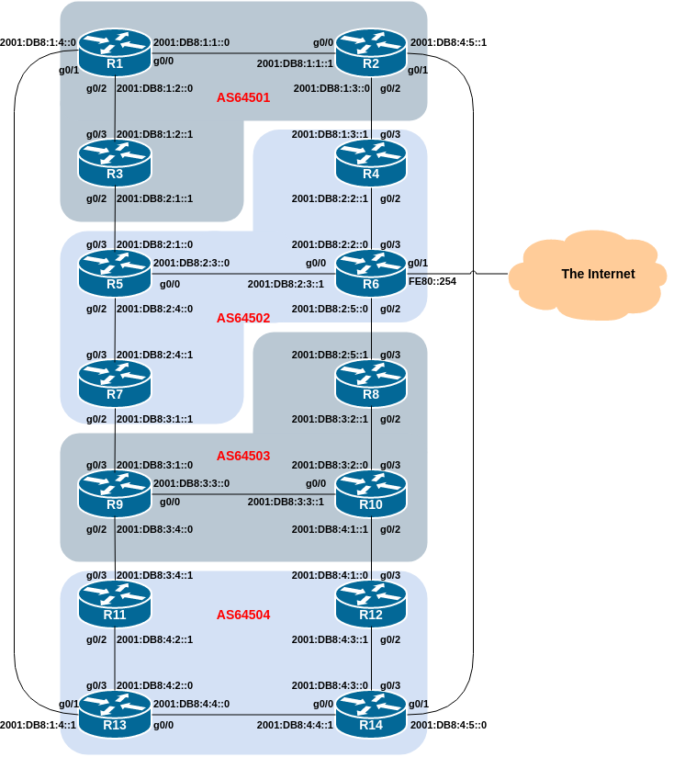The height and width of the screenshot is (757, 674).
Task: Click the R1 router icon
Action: coord(115,52)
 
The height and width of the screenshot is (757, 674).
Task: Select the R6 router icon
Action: coord(371,273)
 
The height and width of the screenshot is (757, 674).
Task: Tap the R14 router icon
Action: coord(371,715)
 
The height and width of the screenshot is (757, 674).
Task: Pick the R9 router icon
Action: coord(115,494)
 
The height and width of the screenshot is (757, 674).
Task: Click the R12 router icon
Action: coord(371,604)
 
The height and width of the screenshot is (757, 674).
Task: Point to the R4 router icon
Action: coord(371,164)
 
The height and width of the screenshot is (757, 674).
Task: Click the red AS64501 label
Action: coord(243,97)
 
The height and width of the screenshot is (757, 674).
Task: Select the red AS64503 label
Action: coord(243,456)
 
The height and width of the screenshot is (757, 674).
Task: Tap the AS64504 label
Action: coord(243,615)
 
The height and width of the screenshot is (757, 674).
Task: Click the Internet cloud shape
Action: coord(587,275)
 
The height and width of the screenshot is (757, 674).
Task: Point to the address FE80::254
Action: coord(432,281)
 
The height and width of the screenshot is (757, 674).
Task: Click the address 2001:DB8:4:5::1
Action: coord(448,42)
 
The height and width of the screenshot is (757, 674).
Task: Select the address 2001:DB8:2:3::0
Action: coord(191,263)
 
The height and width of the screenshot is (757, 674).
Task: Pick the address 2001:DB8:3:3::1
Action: coord(286,503)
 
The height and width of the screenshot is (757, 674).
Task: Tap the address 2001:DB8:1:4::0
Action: coord(39,42)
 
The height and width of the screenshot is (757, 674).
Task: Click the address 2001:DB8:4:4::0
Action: coord(191,704)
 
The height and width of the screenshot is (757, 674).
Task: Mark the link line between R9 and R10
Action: coord(243,494)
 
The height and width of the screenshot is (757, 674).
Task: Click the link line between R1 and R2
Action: coord(243,53)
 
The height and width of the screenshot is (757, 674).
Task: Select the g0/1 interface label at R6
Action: coord(418,263)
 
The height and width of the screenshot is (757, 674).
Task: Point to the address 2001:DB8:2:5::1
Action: coord(330,355)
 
